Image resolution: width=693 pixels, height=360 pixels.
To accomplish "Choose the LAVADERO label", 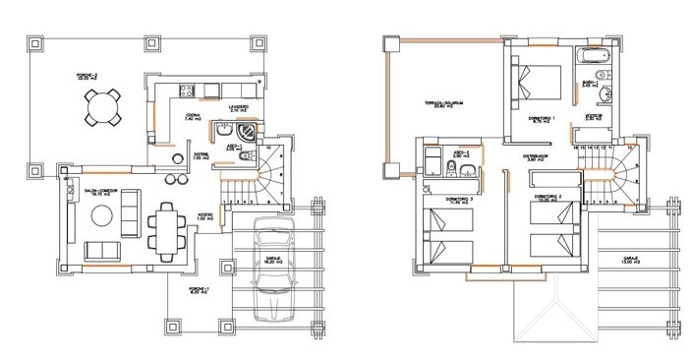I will tap(238, 107).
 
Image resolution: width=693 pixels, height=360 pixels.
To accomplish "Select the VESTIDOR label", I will tap(594, 115).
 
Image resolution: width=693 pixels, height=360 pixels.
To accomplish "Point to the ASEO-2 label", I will tap(460, 153).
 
